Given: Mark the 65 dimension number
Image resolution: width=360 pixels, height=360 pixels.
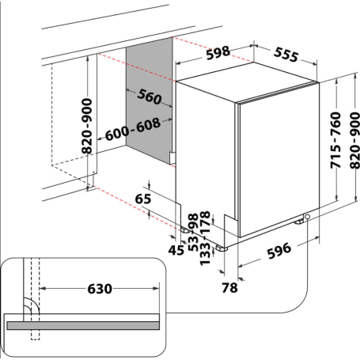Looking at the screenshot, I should [x=142, y=199].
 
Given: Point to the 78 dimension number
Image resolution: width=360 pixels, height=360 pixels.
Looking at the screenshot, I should [x=229, y=288].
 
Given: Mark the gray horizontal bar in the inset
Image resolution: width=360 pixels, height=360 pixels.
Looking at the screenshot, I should [x=83, y=324].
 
